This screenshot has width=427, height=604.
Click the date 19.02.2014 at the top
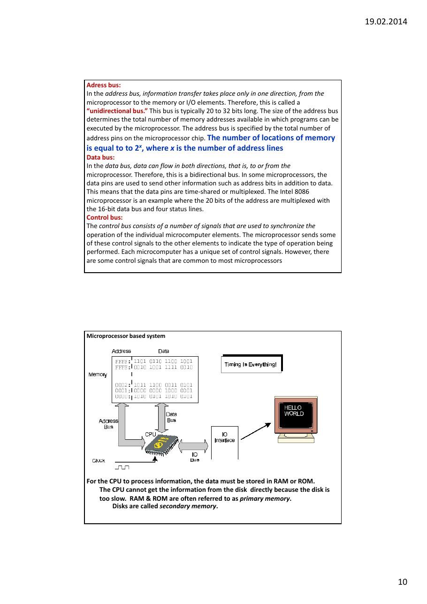click(386, 22)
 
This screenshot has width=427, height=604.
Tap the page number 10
click(403, 582)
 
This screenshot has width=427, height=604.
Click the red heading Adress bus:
click(104, 85)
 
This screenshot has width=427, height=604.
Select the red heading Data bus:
click(100, 158)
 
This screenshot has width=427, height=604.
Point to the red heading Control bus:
click(105, 218)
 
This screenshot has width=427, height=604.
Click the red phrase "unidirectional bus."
click(117, 111)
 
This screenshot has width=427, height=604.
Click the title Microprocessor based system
click(126, 336)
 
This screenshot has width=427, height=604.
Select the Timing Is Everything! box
click(251, 364)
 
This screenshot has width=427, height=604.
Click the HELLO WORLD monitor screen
click(296, 415)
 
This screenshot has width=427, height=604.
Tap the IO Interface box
click(225, 443)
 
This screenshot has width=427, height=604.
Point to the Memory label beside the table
click(98, 375)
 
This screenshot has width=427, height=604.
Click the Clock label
click(99, 460)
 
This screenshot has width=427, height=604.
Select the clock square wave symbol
click(122, 467)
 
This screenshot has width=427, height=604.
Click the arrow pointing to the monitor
click(256, 431)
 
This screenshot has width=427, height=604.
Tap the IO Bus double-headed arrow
click(193, 446)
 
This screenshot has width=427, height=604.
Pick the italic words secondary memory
click(188, 506)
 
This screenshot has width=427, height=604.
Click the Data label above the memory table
click(164, 351)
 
